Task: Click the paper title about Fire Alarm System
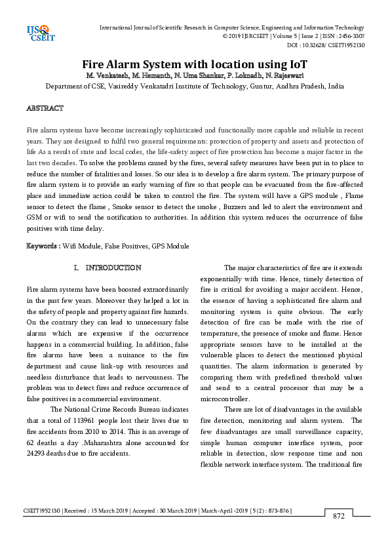coord(194,64)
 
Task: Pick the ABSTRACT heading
coord(45,108)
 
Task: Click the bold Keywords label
coord(43,246)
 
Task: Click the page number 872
coord(339,516)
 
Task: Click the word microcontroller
coord(225,399)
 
